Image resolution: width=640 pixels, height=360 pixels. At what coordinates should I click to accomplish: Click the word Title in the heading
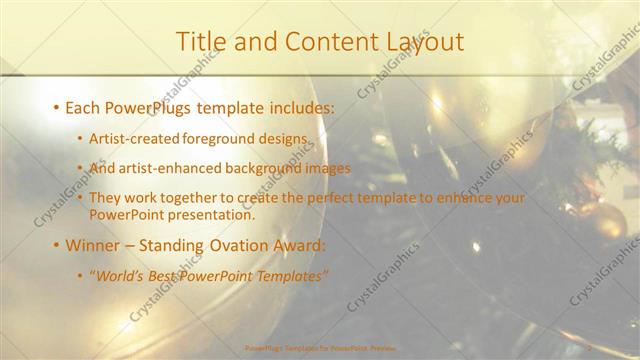click(x=200, y=42)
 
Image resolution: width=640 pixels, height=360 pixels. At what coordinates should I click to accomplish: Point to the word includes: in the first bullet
click(x=301, y=106)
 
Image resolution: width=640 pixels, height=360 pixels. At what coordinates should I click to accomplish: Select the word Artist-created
click(x=129, y=138)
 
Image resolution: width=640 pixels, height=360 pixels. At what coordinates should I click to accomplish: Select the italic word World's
click(x=119, y=276)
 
